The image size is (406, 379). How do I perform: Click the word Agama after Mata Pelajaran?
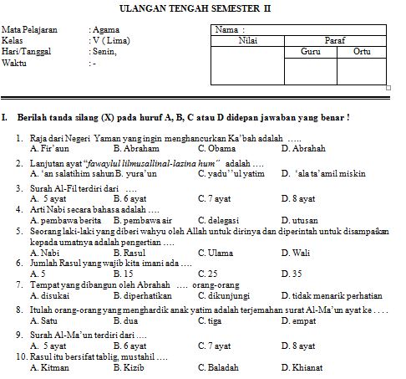point(104,29)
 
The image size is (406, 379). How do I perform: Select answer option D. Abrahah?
point(303,148)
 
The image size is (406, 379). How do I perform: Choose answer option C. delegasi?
point(220,222)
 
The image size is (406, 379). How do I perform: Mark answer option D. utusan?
point(301,222)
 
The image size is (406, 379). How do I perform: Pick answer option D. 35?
point(292,273)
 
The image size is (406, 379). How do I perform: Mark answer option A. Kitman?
point(49,367)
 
